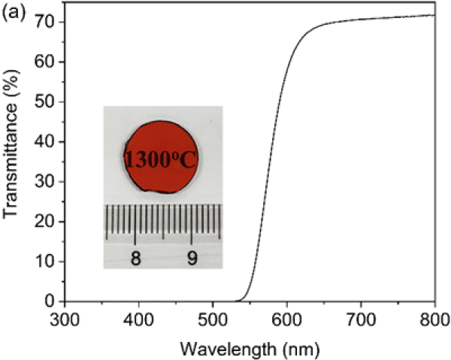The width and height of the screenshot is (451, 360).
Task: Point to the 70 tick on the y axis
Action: (x=47, y=22)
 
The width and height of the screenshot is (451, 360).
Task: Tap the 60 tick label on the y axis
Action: (x=47, y=62)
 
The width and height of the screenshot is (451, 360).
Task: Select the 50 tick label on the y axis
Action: (x=47, y=101)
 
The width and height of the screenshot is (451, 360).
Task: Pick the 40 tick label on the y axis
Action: (x=47, y=141)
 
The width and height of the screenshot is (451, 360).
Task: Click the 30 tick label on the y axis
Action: (x=47, y=181)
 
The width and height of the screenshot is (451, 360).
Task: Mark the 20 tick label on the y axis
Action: (x=47, y=221)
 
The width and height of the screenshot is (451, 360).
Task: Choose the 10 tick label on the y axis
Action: (x=47, y=261)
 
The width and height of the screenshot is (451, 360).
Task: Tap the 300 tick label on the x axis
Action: (x=65, y=319)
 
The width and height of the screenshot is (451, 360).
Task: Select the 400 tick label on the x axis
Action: (x=138, y=319)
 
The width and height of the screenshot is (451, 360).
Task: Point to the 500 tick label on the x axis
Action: (x=212, y=319)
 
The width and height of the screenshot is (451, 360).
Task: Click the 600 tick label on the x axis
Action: (x=286, y=319)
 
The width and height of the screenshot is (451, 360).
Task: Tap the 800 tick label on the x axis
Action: (x=434, y=319)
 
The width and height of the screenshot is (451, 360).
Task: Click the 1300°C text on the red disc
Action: (x=162, y=159)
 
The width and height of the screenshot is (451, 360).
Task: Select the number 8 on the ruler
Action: (x=135, y=258)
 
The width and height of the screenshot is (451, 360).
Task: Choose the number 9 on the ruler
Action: (x=192, y=258)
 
